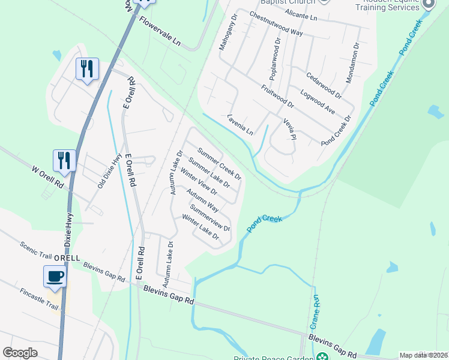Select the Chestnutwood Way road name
(x=276, y=24)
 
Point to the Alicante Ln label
(x=301, y=15)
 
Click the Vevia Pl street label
(x=290, y=128)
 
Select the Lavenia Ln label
(x=241, y=124)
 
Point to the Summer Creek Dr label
(x=219, y=164)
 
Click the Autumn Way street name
(x=202, y=200)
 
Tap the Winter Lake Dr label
(x=200, y=227)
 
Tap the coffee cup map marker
(x=55, y=276)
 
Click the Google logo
(x=20, y=352)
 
